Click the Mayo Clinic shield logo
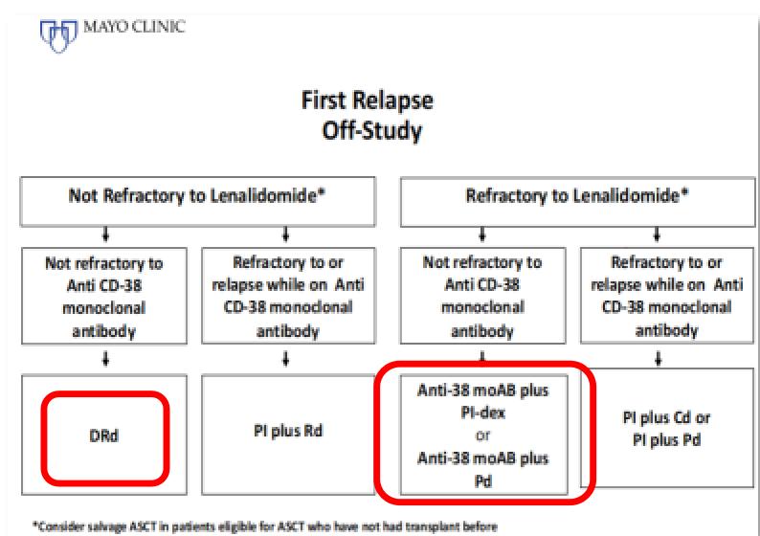(58, 35)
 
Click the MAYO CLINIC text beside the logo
(134, 27)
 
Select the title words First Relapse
(367, 101)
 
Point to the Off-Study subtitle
(371, 131)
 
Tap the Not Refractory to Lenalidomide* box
(197, 202)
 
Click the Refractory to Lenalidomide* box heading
(577, 196)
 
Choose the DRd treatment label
(104, 435)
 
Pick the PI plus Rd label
(288, 431)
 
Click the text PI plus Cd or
(666, 417)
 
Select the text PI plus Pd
(666, 440)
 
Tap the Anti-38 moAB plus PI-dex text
(482, 401)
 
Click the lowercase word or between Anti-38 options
(482, 436)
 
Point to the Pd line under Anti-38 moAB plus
(482, 481)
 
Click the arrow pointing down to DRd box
(105, 359)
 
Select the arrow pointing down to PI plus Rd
(286, 359)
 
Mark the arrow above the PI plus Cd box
(658, 359)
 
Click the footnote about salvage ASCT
(264, 526)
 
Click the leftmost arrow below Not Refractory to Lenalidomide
(105, 234)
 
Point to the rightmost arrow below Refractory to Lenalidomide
(657, 234)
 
